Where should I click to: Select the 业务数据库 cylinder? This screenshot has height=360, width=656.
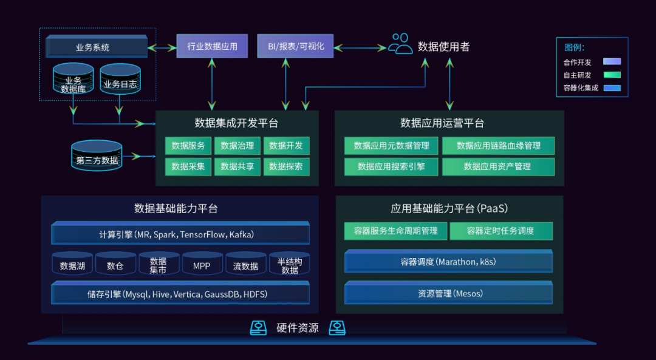[73, 80]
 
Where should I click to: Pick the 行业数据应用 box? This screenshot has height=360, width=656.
[212, 46]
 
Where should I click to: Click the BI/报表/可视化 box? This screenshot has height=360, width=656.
[295, 46]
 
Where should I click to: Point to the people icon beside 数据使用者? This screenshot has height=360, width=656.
[400, 44]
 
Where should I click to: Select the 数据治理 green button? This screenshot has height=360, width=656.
[237, 146]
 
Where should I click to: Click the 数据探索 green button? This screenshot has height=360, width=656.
[286, 166]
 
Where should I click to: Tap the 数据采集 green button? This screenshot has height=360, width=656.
[188, 166]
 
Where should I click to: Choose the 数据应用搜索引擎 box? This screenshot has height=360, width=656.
[391, 166]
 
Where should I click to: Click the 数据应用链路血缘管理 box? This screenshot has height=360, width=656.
[498, 146]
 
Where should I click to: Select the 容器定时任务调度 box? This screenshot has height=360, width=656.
[501, 231]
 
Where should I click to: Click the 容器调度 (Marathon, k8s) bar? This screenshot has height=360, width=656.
[449, 262]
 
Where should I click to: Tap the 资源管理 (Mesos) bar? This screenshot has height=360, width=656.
[449, 293]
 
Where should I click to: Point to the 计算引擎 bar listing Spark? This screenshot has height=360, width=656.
[180, 234]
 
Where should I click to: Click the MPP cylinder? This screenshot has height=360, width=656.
[202, 265]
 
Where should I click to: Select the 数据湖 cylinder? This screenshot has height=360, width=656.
[72, 265]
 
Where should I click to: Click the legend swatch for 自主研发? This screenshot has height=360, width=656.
[612, 75]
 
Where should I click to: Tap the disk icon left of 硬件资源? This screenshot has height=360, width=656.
[259, 328]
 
